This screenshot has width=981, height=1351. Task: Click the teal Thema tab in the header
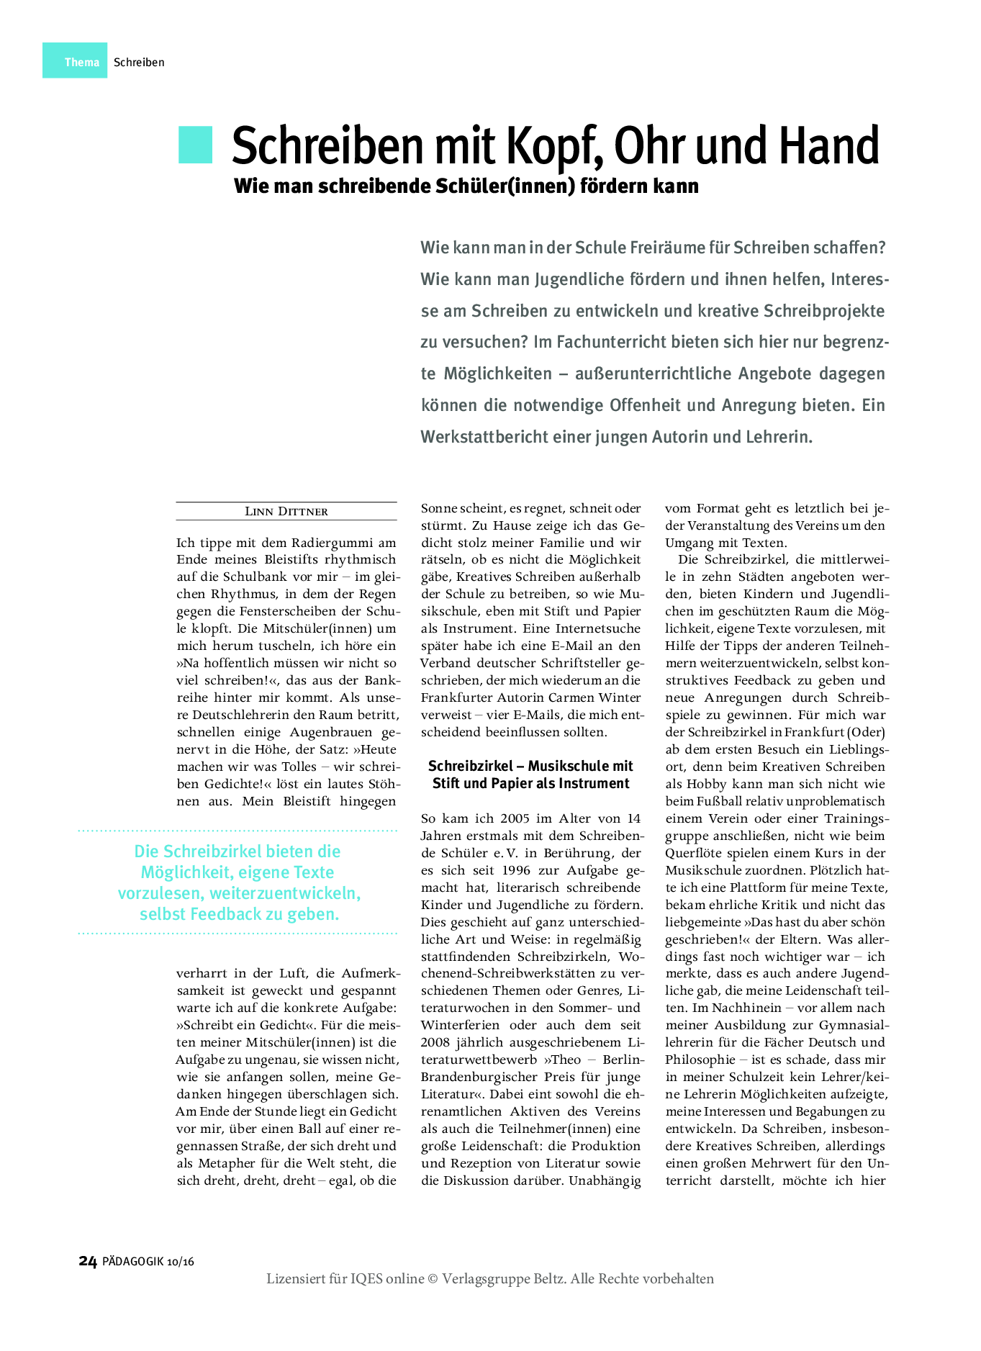(x=81, y=62)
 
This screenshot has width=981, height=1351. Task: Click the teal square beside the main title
(x=195, y=145)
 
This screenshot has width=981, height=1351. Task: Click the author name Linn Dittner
(x=286, y=512)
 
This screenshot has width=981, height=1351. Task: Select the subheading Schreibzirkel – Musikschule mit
(x=530, y=766)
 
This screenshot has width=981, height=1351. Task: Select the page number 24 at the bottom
(x=87, y=1261)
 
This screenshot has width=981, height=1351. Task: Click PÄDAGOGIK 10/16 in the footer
(x=148, y=1262)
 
